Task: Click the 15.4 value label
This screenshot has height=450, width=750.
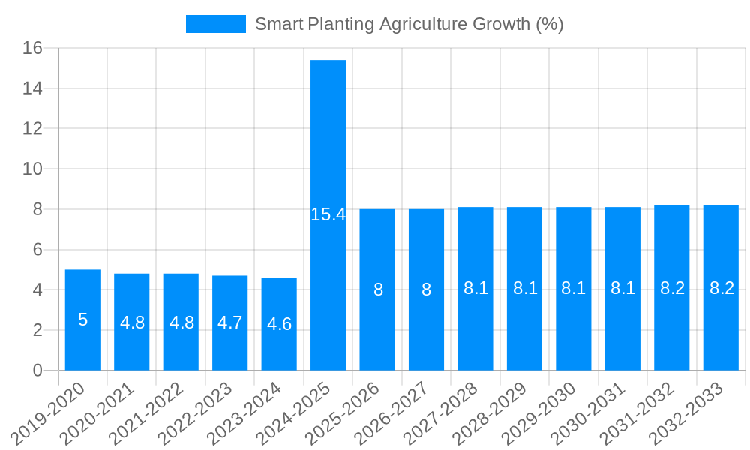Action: click(328, 214)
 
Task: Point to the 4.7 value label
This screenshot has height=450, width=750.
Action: click(230, 322)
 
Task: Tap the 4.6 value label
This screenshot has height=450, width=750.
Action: click(279, 324)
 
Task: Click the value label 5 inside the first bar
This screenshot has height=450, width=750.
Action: click(82, 319)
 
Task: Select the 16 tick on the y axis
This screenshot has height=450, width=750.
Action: click(32, 49)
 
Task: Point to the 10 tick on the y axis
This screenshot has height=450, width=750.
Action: click(32, 169)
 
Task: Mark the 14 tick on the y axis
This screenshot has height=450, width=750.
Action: click(32, 89)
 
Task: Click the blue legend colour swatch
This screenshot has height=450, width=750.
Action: click(215, 24)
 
